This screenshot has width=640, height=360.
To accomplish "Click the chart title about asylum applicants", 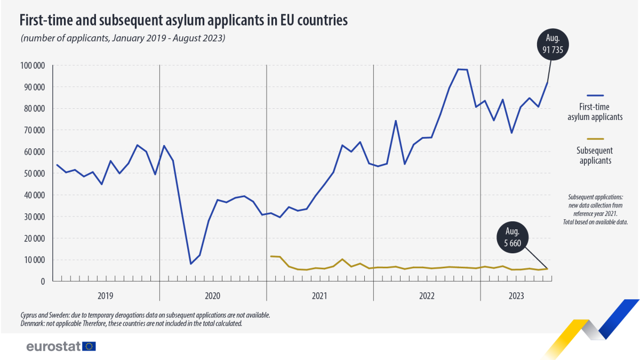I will [x=183, y=20].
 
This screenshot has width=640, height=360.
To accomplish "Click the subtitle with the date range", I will [x=123, y=38].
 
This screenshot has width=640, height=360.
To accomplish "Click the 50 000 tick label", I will [x=34, y=173].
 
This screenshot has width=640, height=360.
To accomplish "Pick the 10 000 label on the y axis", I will [x=34, y=260].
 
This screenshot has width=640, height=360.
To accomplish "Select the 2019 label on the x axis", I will [x=105, y=295].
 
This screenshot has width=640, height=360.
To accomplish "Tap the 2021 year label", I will [x=319, y=295].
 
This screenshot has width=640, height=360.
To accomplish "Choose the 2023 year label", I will [x=516, y=295].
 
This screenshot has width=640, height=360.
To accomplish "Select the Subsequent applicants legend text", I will [x=595, y=155].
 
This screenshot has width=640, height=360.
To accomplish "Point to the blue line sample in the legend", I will [x=595, y=95].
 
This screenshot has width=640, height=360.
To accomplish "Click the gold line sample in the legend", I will [x=595, y=139].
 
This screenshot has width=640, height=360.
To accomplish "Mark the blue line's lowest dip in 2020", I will [x=191, y=263].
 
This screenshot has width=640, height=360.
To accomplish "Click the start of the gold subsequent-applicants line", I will [x=271, y=257].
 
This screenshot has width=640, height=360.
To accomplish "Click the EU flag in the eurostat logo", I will [x=89, y=346].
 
